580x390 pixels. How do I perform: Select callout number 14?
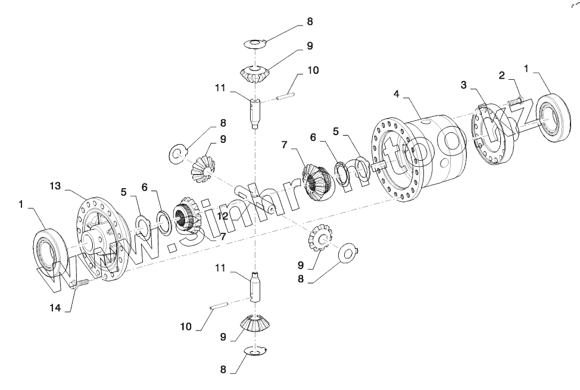pos(55,307)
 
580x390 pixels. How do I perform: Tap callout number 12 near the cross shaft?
pos(223,217)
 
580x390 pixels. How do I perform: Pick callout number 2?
pos(502,75)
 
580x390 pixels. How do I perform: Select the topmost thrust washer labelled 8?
pos(256,43)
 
